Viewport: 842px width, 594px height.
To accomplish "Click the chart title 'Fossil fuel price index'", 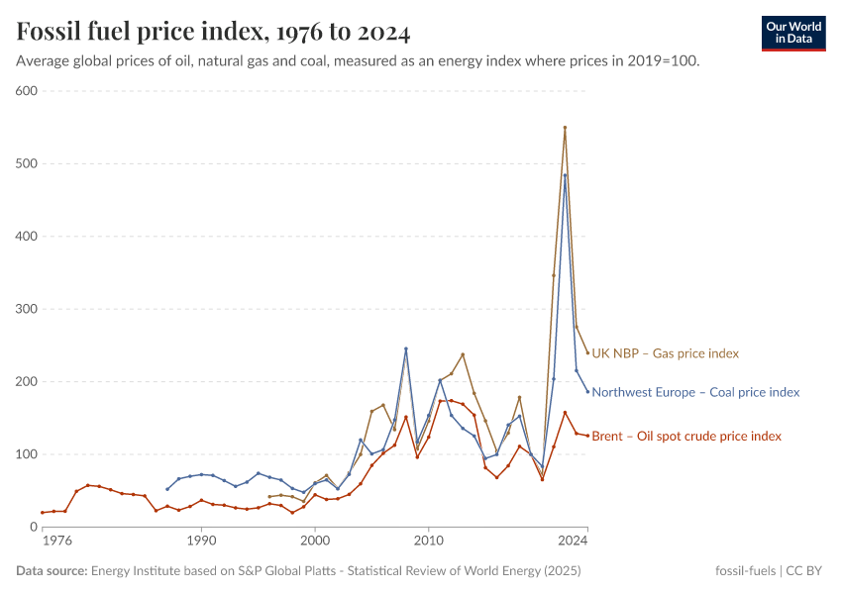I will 213,32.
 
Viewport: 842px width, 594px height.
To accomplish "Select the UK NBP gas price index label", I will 665,353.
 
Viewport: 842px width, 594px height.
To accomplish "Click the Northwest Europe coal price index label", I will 694,392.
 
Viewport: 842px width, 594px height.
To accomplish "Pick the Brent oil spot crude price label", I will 685,436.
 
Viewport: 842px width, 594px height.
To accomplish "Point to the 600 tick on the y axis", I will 26,91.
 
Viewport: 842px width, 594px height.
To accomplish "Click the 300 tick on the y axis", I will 26,309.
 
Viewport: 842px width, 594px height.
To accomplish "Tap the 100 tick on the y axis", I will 26,454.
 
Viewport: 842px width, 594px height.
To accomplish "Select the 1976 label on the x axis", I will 56,542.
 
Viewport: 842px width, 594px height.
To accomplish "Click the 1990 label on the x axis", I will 201,542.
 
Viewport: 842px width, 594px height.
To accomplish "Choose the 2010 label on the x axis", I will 428,542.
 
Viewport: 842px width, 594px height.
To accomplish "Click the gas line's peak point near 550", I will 565,128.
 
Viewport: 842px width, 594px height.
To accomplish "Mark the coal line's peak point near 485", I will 565,175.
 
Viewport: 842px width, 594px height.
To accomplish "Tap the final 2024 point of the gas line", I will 587,353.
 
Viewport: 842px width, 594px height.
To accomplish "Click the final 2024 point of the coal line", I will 587,391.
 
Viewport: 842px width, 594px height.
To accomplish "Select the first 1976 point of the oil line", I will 43,512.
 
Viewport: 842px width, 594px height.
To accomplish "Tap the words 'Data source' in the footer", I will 52,571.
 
